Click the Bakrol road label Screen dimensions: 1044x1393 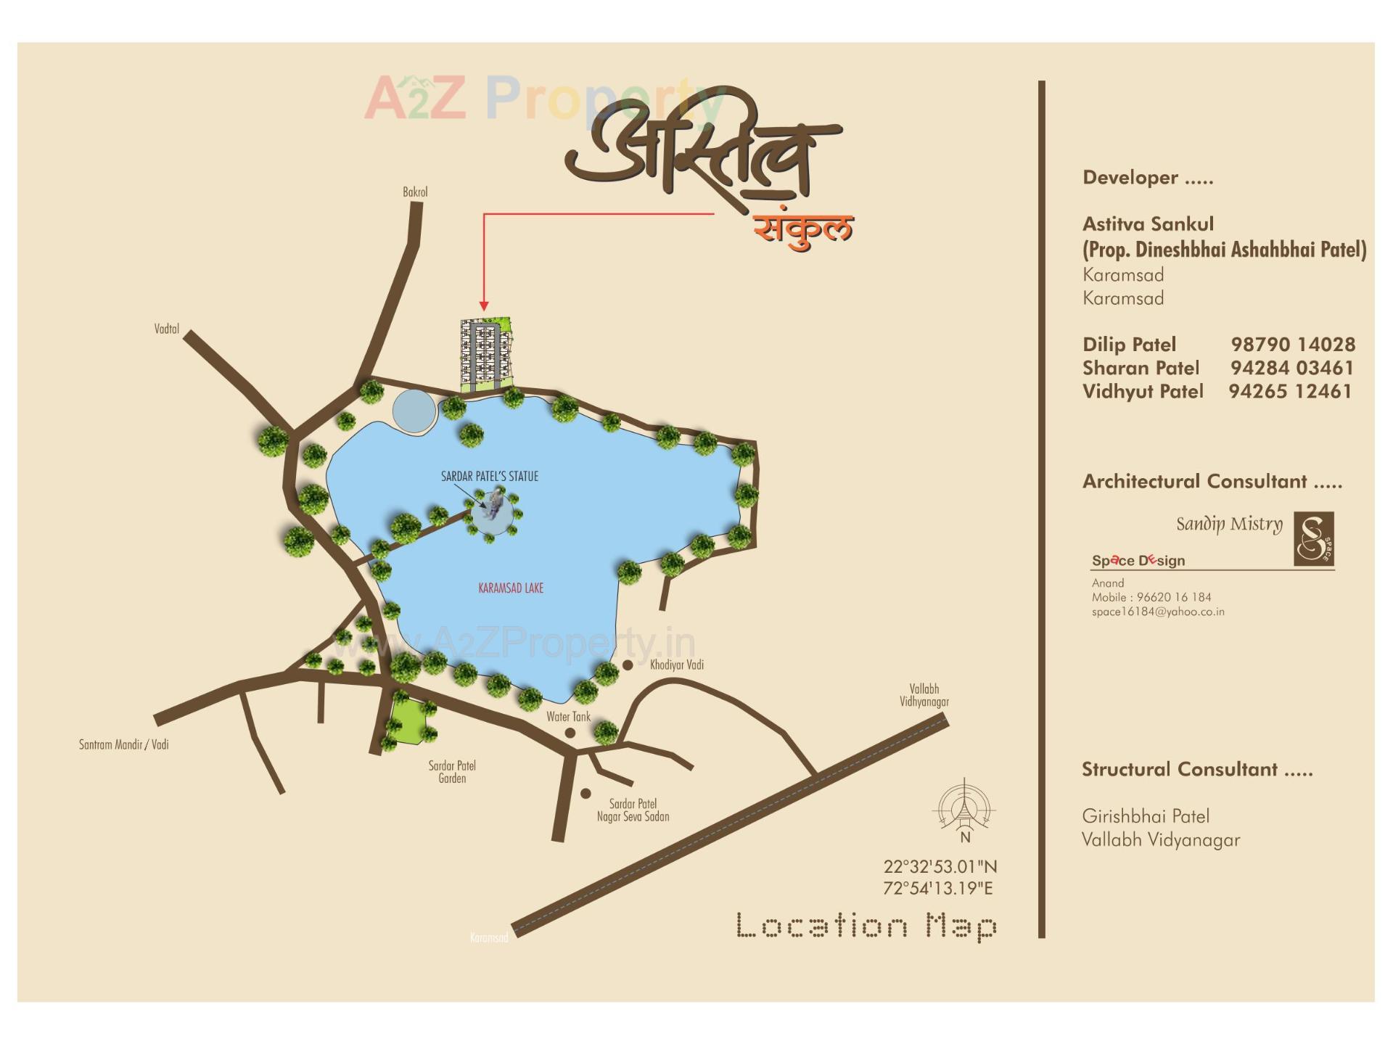click(x=415, y=192)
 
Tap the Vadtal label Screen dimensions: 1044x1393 click(x=166, y=329)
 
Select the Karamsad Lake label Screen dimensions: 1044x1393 click(x=511, y=588)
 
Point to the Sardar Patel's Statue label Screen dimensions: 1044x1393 click(x=490, y=477)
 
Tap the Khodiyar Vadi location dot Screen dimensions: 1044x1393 click(x=628, y=665)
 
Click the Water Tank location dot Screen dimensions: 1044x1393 click(x=570, y=733)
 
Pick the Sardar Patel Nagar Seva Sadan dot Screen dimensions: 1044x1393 click(x=585, y=794)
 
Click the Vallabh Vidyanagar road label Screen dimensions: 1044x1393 click(x=924, y=695)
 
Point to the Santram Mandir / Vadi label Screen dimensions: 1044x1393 click(x=123, y=744)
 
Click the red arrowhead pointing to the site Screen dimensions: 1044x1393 click(x=484, y=306)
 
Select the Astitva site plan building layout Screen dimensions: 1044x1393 click(x=485, y=354)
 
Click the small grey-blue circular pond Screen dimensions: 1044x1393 click(x=414, y=411)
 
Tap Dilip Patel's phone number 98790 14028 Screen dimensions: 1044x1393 click(x=1292, y=345)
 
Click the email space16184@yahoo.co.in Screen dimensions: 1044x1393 click(x=1158, y=612)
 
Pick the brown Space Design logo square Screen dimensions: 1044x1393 click(x=1314, y=539)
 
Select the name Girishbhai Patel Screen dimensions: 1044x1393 click(x=1145, y=816)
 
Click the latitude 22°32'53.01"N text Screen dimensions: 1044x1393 click(x=940, y=866)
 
